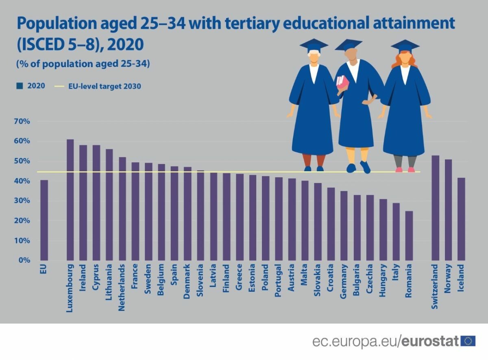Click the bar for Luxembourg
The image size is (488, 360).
[70, 200]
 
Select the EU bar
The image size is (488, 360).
[44, 220]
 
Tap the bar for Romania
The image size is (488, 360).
[409, 236]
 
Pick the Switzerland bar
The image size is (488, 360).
[435, 207]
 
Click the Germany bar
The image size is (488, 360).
[344, 225]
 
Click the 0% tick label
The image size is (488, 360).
[24, 260]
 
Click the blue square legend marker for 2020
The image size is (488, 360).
[19, 86]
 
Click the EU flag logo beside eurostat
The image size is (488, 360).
[468, 341]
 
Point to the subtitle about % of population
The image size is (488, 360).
[83, 64]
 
